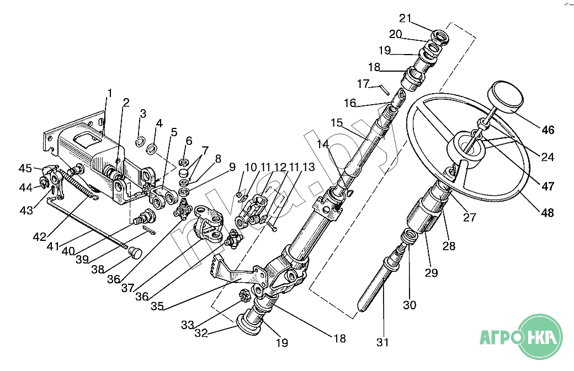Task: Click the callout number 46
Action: click(x=548, y=131)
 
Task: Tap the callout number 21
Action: click(x=406, y=18)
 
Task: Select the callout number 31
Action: click(x=383, y=342)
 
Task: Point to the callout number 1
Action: click(x=109, y=93)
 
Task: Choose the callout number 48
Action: click(x=548, y=213)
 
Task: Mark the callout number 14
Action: click(x=322, y=144)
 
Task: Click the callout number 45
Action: click(x=25, y=168)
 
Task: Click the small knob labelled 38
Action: click(x=135, y=253)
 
